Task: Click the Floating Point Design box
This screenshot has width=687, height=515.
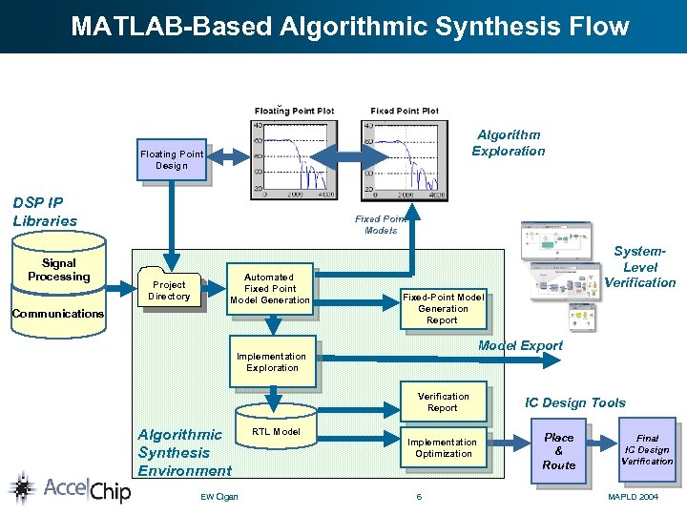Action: [x=172, y=160]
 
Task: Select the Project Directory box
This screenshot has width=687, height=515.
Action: [x=169, y=290]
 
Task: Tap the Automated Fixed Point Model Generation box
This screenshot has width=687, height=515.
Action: [x=270, y=288]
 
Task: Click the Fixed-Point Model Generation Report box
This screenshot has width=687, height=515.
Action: [x=443, y=309]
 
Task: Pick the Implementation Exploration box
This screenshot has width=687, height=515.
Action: [x=272, y=362]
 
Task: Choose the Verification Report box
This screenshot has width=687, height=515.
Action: [x=443, y=402]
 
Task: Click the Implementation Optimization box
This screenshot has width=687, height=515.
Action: [x=443, y=447]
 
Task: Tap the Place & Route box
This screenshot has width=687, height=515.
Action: [x=558, y=451]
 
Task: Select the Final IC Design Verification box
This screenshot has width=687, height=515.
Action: [x=647, y=450]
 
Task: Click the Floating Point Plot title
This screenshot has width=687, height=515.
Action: [x=294, y=111]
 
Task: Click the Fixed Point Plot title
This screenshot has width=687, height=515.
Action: [x=405, y=111]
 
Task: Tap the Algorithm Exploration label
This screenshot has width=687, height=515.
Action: [x=509, y=143]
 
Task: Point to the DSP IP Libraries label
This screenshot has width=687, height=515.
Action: [x=45, y=212]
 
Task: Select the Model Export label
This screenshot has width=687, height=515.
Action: [x=520, y=345]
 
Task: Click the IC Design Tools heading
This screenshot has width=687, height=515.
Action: [x=575, y=402]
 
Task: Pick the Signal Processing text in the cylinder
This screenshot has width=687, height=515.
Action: [x=58, y=270]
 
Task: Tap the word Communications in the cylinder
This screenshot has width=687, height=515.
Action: [x=58, y=314]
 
